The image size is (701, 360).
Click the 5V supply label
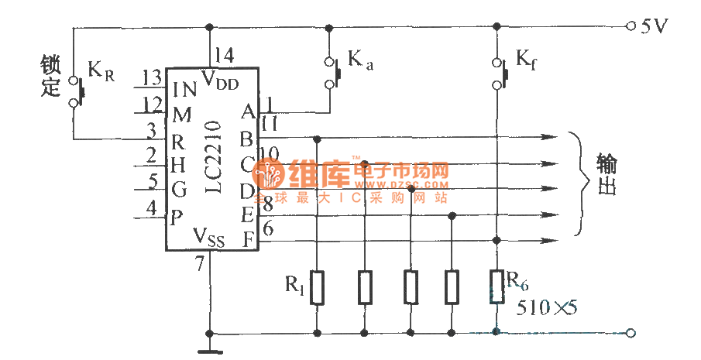pos(655,26)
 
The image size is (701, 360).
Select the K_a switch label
pos(359,60)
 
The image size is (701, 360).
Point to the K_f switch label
pos(525,60)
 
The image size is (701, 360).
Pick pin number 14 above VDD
pos(224,56)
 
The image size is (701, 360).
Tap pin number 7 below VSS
pos(200,264)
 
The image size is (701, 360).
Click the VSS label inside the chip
pos(209,235)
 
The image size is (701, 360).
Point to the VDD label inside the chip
pos(220,77)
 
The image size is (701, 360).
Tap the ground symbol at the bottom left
pos(209,349)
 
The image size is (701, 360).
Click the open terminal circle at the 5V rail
pos(631,26)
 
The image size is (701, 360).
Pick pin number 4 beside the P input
pos(152,207)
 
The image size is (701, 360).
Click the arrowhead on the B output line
pos(549,139)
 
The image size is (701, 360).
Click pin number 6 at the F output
pos(268,229)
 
